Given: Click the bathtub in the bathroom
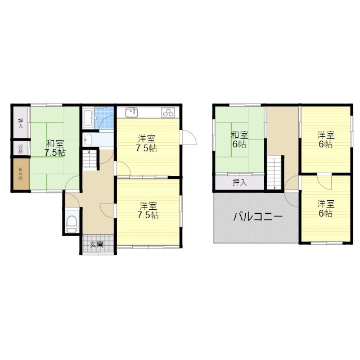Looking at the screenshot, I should pos(88,119).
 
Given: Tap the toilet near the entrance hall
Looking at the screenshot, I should pos(71,223).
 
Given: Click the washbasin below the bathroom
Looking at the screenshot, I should pos(88,139).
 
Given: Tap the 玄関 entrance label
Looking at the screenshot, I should pos(96,244).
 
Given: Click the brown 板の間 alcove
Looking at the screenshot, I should pos(19,174).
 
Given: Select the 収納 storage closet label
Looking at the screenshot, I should pos(20,148).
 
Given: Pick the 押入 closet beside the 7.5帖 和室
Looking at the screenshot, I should pos(20,123).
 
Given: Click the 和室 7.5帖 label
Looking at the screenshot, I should pos(55,148).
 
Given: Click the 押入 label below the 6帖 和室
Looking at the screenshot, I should pos(239,182).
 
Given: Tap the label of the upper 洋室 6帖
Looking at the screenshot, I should pos(325,139).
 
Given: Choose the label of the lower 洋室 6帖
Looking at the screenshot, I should pos(324,209).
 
